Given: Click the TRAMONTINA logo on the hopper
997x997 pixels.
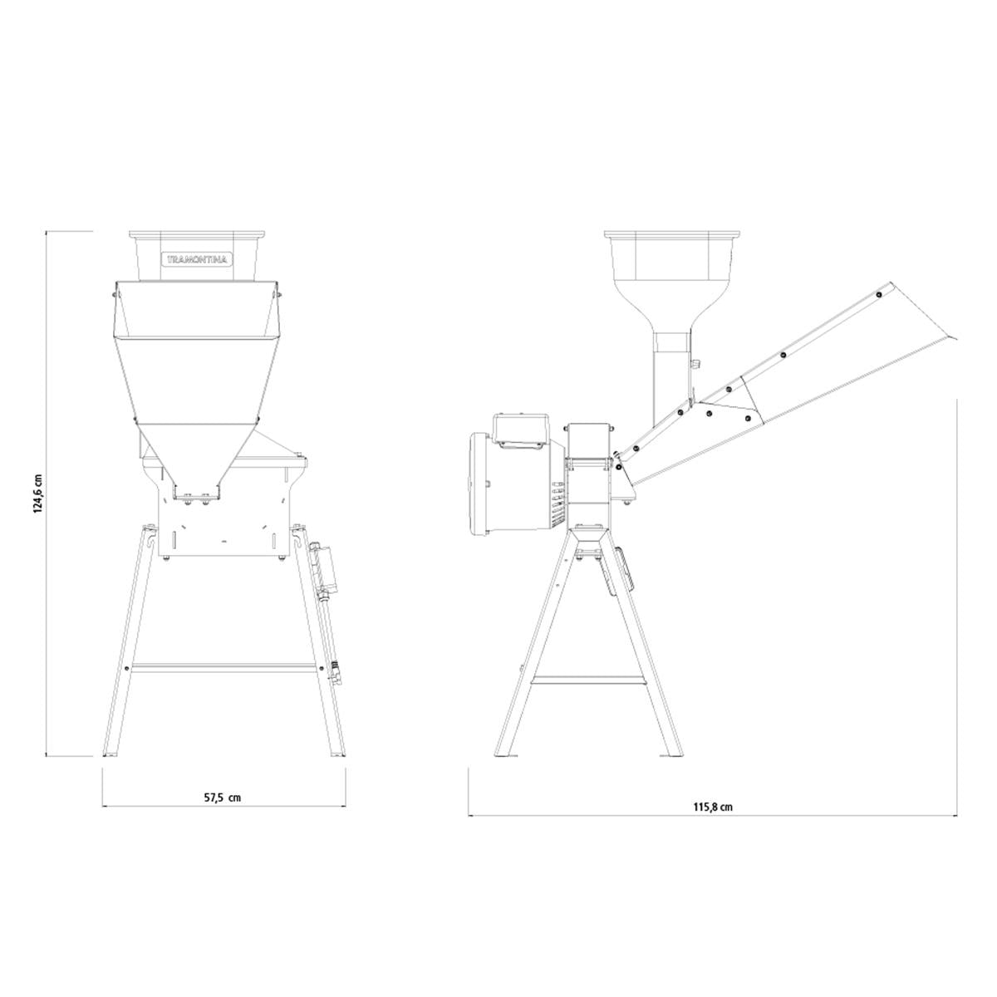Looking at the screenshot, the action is tap(197, 259).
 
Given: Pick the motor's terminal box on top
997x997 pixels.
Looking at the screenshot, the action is tap(520, 429).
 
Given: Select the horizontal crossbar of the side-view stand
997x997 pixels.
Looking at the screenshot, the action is tap(588, 680).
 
